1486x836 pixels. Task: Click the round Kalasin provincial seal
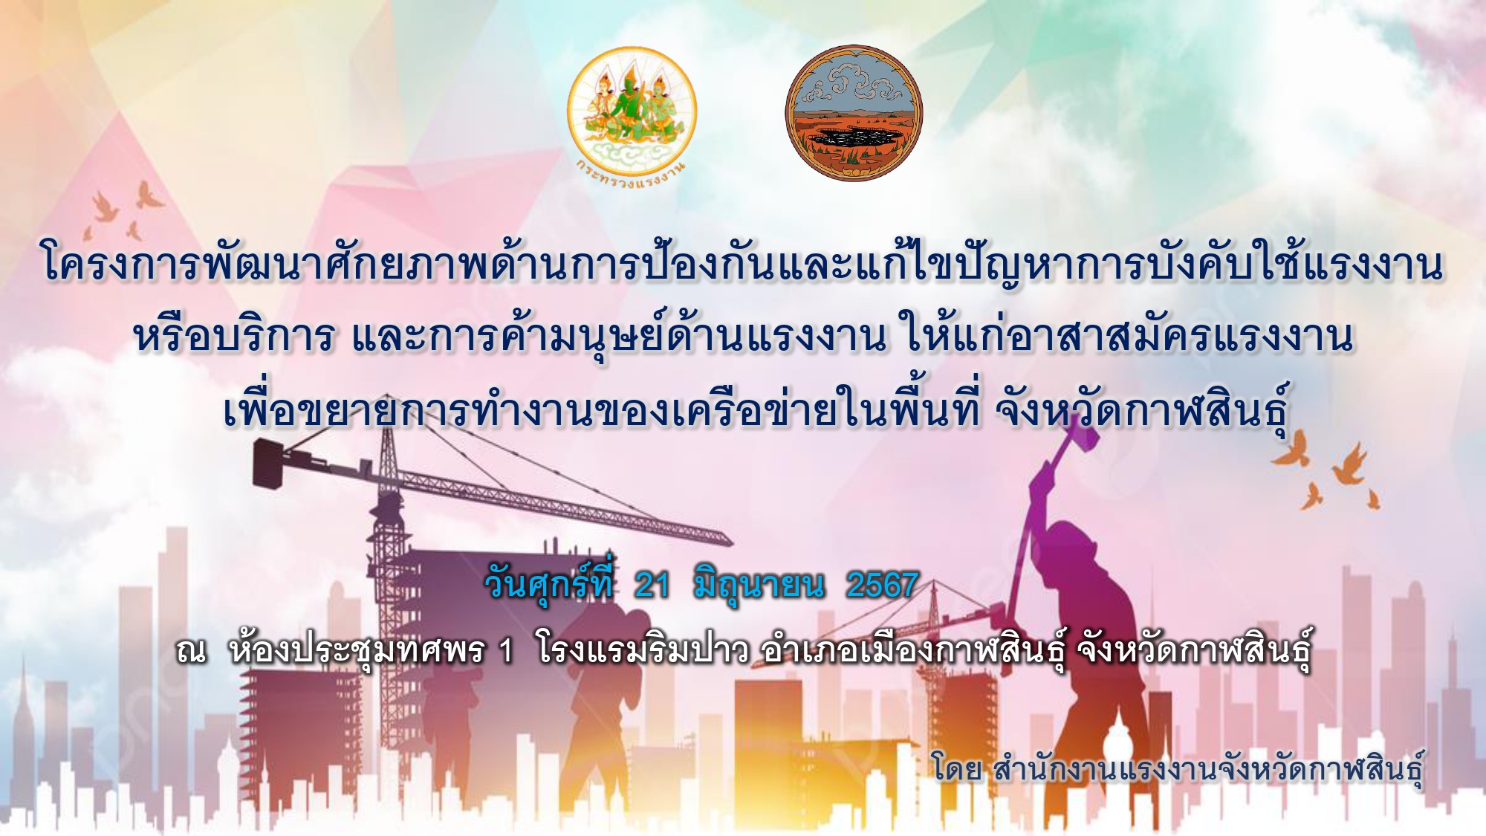(x=854, y=113)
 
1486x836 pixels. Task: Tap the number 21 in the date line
(x=652, y=586)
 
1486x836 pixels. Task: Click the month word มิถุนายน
(x=759, y=587)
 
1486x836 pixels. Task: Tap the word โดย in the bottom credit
(x=958, y=768)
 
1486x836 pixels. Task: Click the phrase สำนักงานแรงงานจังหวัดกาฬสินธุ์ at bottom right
(x=1208, y=769)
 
